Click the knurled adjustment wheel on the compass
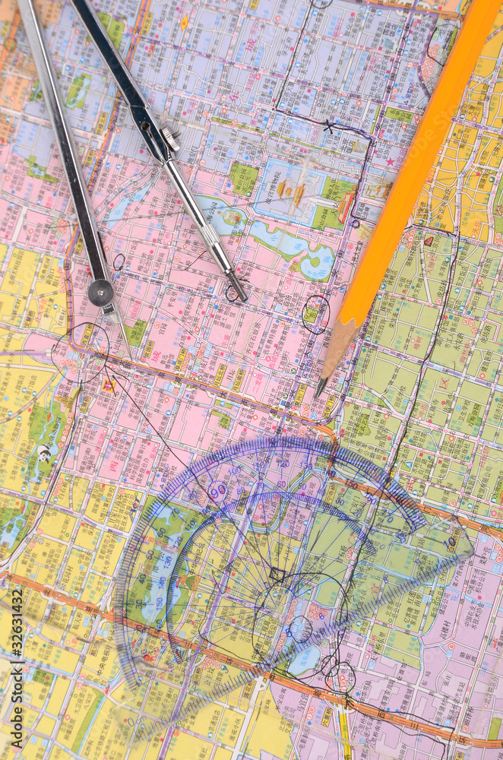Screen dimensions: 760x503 pos(170,140)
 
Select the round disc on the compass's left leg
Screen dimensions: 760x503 pos(100,291)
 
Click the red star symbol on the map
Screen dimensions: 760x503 pos(391,161)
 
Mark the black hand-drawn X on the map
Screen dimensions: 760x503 pos(328,126)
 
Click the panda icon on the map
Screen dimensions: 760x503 pos(45,454)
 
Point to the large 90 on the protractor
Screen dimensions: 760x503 pos(218,492)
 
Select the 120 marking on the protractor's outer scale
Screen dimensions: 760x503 pos(283,462)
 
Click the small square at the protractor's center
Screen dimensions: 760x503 pos(277,575)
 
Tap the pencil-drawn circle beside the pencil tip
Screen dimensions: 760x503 pos(315,314)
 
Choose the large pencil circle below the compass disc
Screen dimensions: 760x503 pos(80,352)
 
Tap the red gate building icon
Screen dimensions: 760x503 pos(346,206)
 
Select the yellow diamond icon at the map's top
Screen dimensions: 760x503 pos(184,22)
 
